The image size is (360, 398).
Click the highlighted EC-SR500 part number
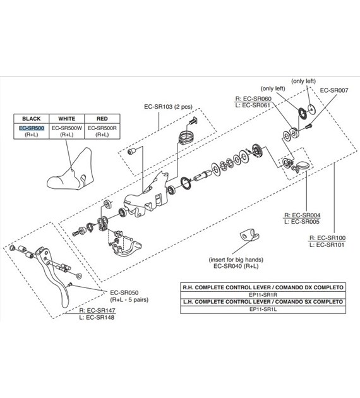coord(32,128)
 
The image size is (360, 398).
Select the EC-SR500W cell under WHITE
coord(67,131)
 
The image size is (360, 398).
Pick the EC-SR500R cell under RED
coord(102,131)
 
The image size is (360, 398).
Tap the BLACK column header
coord(31,119)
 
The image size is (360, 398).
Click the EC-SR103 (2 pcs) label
coord(168,107)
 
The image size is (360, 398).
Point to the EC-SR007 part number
coord(334,90)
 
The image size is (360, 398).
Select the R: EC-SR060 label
coord(253,99)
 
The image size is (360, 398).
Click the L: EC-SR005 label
coord(302,222)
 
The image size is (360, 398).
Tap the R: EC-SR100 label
coord(327,238)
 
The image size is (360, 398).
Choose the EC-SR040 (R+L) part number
coord(236,266)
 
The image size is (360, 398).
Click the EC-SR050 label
coord(124,292)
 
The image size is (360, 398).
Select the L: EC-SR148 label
coord(97,317)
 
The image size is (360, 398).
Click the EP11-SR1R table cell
coord(263,295)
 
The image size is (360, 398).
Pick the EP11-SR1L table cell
coord(263,309)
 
